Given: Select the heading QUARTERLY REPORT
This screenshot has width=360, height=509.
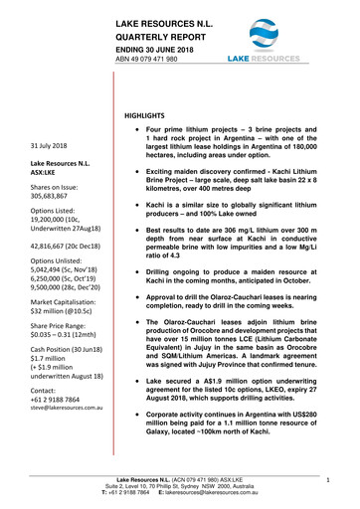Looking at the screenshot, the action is [166, 36].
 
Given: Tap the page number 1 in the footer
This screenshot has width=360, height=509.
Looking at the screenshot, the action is [327, 479].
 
